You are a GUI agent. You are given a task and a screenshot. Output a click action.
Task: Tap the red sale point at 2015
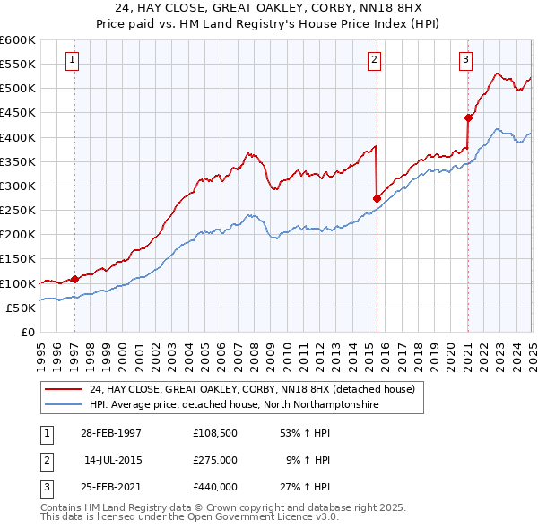pyautogui.click(x=377, y=198)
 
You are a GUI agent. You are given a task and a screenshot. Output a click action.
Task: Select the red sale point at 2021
pyautogui.click(x=468, y=117)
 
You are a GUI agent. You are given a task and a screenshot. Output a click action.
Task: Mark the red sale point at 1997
pyautogui.click(x=74, y=279)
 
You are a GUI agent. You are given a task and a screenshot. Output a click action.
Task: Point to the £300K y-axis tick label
pyautogui.click(x=17, y=186)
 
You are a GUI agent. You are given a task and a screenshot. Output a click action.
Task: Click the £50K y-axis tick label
pyautogui.click(x=21, y=308)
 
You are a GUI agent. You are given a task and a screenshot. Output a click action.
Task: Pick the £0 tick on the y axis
pyautogui.click(x=28, y=332)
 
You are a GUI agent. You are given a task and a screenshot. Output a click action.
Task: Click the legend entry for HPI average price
pyautogui.click(x=233, y=405)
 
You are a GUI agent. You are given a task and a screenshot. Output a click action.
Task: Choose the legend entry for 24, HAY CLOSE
pyautogui.click(x=251, y=390)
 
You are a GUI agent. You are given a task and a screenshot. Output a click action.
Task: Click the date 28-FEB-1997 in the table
pyautogui.click(x=111, y=433)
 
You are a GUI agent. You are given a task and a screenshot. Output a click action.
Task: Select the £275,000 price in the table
pyautogui.click(x=214, y=460)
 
